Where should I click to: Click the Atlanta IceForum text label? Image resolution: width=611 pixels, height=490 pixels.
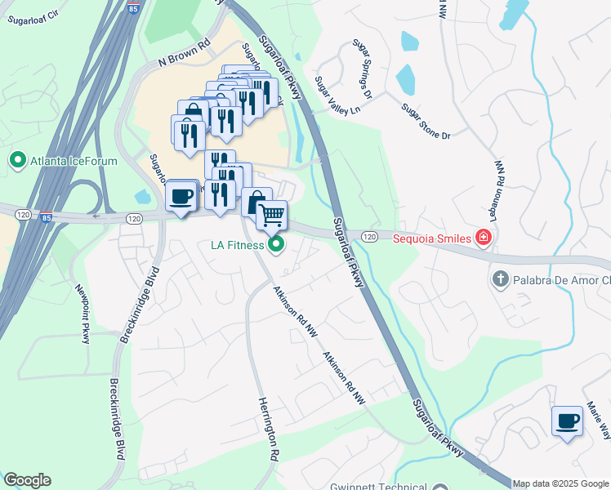(74, 161)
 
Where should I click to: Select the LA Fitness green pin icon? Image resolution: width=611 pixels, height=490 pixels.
(277, 244)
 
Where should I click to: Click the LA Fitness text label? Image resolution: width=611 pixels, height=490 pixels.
(238, 245)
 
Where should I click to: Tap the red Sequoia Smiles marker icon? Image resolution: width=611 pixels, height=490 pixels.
(484, 238)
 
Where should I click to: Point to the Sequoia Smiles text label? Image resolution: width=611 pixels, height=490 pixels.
(432, 238)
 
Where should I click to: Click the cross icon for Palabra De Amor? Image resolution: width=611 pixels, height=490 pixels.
(500, 280)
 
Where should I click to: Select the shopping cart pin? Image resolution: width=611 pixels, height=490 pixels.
(271, 216)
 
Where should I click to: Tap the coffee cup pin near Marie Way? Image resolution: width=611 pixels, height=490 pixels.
(567, 421)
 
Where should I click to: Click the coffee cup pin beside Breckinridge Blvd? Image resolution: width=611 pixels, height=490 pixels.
(181, 196)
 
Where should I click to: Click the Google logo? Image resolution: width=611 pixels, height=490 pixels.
(27, 480)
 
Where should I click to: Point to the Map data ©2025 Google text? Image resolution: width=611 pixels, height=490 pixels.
(560, 483)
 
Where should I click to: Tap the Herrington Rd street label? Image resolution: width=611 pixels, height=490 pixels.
(270, 428)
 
